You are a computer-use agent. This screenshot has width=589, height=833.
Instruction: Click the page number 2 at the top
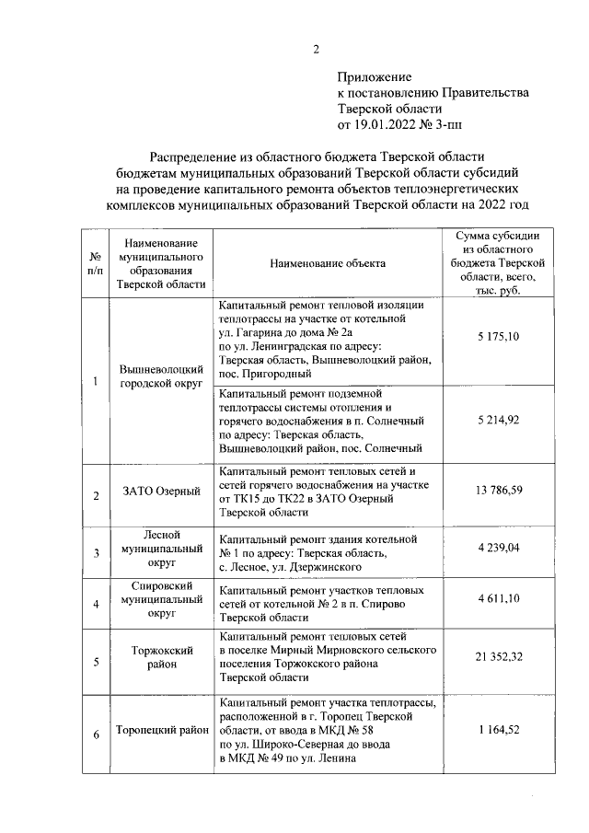[x=316, y=50]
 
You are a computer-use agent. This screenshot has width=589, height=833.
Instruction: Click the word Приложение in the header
[x=375, y=77]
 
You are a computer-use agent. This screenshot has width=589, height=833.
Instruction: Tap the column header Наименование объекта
[x=328, y=263]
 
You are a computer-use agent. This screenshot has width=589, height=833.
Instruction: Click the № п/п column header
[x=95, y=263]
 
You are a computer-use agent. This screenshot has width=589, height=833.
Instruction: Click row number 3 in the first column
[x=95, y=552]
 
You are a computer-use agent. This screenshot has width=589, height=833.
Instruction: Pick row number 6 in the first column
[x=95, y=734]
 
